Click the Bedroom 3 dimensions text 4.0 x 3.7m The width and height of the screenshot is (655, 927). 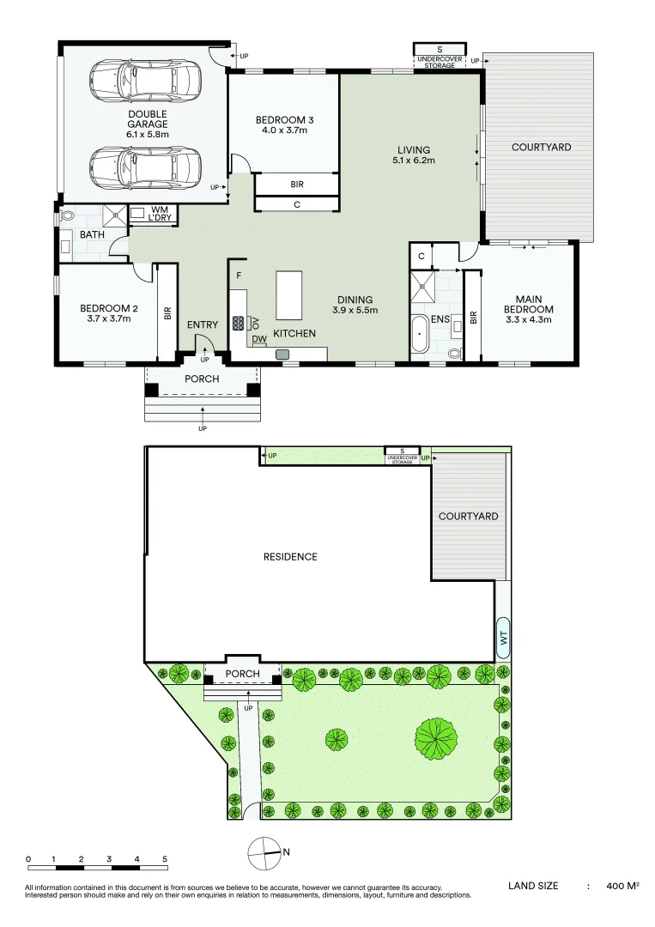pos(282,131)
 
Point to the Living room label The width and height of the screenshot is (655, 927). pos(413,149)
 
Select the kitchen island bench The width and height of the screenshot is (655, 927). pos(289,294)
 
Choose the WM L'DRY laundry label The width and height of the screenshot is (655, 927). pos(161,214)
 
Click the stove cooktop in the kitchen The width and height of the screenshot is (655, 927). pos(239,324)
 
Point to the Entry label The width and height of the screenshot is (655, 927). pos(203,324)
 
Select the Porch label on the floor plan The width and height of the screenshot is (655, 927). pos(203,379)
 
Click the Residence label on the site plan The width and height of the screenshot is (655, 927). pos(289,556)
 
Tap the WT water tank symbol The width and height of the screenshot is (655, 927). pos(503,638)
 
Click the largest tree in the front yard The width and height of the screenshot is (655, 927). pos(437,736)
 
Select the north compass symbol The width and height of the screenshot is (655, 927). pos(264,852)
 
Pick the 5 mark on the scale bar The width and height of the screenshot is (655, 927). pos(165,859)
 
